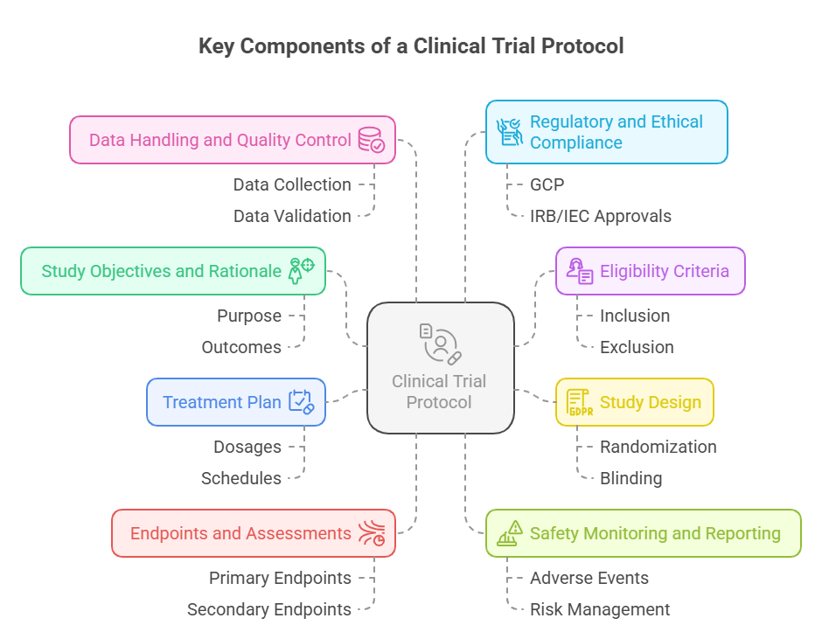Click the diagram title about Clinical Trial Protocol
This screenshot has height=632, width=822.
[x=411, y=46]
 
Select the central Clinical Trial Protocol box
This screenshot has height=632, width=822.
[x=440, y=367]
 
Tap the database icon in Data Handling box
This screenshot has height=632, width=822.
[x=371, y=140]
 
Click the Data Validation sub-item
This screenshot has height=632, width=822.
[x=292, y=216]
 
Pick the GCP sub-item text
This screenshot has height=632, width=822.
[x=547, y=184]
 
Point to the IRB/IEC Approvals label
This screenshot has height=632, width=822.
[x=600, y=216]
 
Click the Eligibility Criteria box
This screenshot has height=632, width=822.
[x=650, y=271]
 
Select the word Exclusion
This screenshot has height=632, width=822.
[x=636, y=347]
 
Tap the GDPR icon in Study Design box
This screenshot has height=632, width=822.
[x=579, y=402]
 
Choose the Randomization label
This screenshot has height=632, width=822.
[x=658, y=447]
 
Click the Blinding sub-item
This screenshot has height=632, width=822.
[x=630, y=478]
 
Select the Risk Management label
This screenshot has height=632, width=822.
[x=599, y=609]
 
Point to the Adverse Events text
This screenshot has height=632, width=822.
[x=589, y=578]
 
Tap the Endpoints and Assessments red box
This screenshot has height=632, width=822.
[x=253, y=533]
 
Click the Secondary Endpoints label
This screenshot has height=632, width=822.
[x=268, y=609]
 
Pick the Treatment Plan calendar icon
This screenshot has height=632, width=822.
[x=301, y=402]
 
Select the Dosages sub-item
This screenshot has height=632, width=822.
[x=247, y=447]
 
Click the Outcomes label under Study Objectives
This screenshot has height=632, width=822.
[x=241, y=347]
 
